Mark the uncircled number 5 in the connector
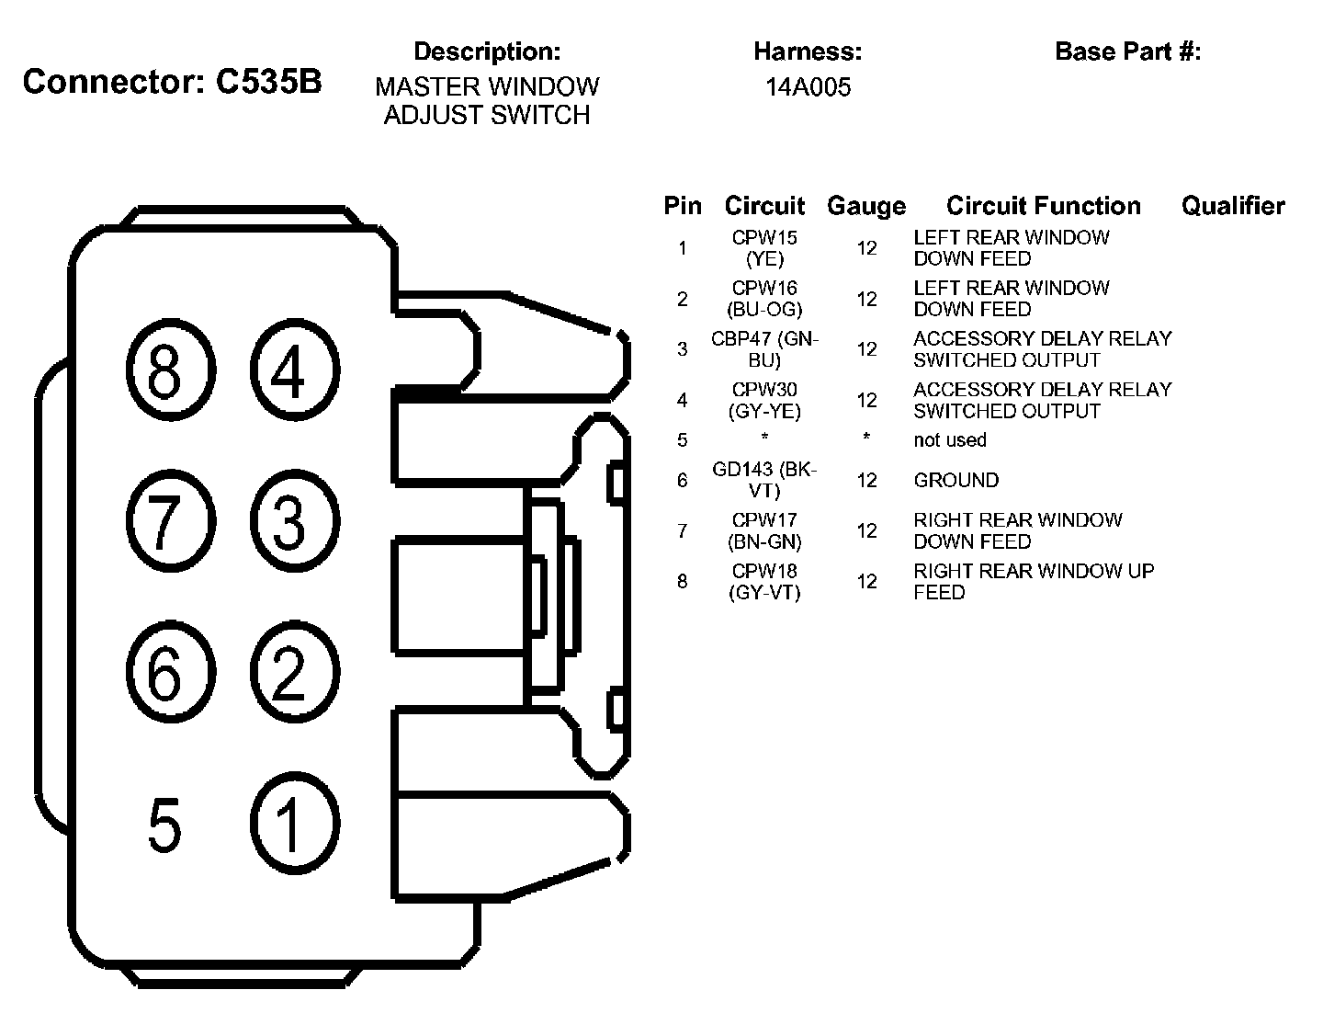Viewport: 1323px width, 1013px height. pyautogui.click(x=164, y=825)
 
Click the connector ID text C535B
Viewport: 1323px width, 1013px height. pyautogui.click(x=269, y=82)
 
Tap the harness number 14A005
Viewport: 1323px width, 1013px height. pyautogui.click(x=808, y=87)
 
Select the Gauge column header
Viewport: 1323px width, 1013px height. pyautogui.click(x=865, y=207)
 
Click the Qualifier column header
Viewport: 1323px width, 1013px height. pyautogui.click(x=1233, y=206)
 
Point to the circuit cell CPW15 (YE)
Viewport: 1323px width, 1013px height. pyautogui.click(x=764, y=248)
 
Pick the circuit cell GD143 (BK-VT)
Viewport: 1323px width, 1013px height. pyautogui.click(x=764, y=480)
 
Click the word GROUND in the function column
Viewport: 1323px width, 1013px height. pyautogui.click(x=955, y=480)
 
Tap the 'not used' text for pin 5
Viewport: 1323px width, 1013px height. pyautogui.click(x=949, y=440)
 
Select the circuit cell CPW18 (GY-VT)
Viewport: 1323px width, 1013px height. pyautogui.click(x=764, y=582)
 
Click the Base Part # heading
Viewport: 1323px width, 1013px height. pyautogui.click(x=1127, y=51)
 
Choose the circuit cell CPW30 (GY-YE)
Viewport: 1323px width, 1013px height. pyautogui.click(x=764, y=401)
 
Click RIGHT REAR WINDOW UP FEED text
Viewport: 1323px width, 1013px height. pyautogui.click(x=1033, y=582)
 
